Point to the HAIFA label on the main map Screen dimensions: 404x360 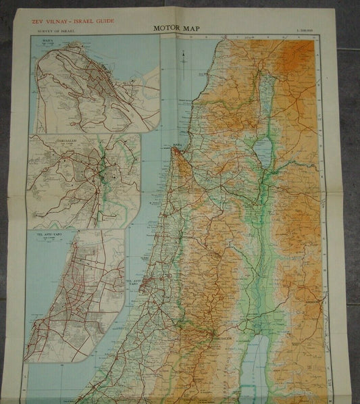[x=178, y=144]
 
